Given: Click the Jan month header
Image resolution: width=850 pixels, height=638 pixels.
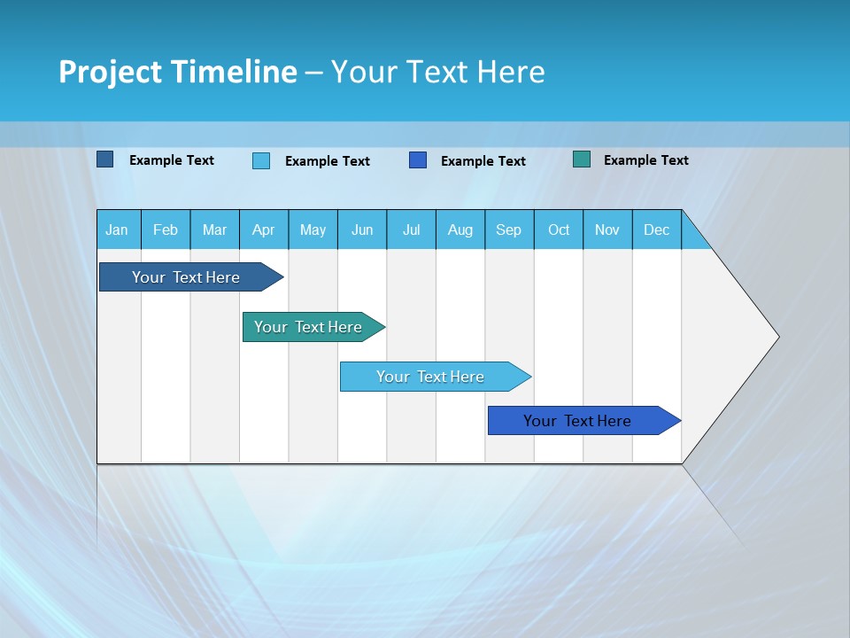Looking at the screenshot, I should tap(117, 230).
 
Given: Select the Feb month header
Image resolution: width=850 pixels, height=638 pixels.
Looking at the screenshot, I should tap(166, 230).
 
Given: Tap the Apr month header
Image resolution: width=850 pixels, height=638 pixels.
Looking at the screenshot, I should tap(264, 230).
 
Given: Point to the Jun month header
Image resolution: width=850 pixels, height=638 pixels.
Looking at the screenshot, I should tap(362, 230).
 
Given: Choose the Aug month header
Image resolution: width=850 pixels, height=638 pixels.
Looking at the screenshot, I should tap(460, 230).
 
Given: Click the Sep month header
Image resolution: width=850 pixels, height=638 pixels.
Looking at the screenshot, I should tap(509, 230).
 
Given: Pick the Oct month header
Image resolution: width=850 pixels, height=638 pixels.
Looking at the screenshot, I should tap(559, 230).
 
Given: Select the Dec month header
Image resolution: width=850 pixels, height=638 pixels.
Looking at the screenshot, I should tap(657, 230).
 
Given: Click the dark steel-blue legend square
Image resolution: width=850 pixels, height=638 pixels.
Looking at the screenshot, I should tap(105, 159).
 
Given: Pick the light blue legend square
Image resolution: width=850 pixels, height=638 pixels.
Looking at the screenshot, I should tap(261, 160).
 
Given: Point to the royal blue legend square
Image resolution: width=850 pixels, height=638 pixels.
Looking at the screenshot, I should tap(418, 160).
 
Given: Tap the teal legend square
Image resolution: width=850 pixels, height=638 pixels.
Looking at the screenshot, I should tap(582, 159).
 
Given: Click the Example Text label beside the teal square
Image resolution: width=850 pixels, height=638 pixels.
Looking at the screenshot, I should tap(646, 160).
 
